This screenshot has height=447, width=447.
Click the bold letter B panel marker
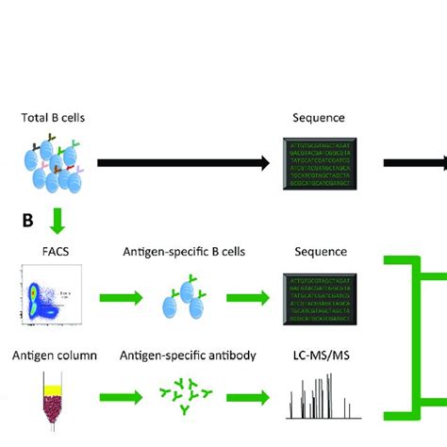point(28,222)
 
